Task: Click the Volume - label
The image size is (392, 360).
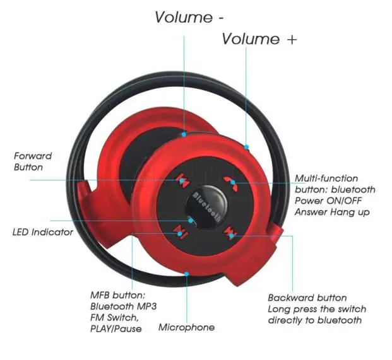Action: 189,17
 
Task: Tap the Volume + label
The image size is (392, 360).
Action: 259,39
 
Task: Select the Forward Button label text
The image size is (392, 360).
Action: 33,161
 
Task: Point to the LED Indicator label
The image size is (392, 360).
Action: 43,232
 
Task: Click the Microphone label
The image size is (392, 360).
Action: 186,327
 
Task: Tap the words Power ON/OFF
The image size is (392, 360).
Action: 328,200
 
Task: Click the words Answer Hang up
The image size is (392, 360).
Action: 332,212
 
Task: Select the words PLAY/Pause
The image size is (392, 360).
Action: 116,328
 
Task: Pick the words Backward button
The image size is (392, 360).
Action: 307,298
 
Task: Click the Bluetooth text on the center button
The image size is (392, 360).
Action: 206,207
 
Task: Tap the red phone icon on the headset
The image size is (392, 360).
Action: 230,183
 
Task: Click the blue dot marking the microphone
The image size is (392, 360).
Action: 186,274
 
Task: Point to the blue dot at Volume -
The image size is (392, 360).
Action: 184,134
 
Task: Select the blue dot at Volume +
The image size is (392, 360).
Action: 247,147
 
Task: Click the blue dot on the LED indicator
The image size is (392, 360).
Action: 191,221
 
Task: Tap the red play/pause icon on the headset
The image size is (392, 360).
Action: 180,233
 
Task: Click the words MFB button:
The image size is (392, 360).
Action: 118,295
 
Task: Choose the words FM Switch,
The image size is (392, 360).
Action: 114,318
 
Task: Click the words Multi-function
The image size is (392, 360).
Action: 326,178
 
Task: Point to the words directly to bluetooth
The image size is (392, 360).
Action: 315,320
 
